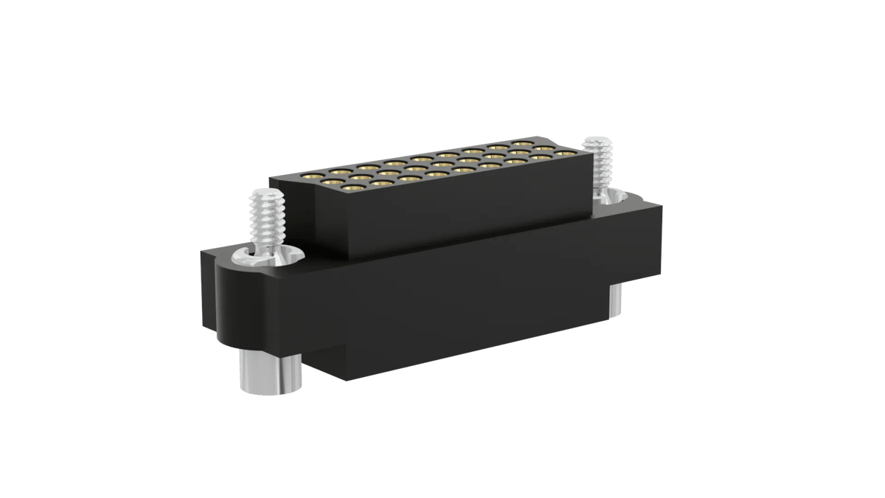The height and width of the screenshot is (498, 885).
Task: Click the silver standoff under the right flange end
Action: (615, 302)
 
